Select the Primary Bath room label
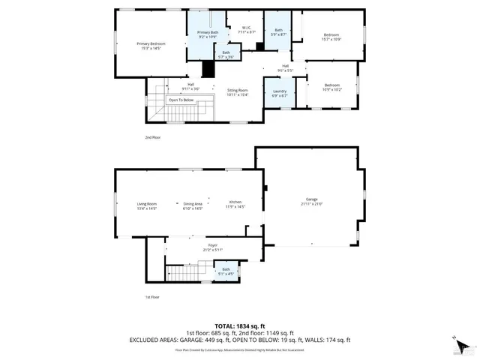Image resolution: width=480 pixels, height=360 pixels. tap(208, 34)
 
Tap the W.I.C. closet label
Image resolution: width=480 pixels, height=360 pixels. tap(247, 31)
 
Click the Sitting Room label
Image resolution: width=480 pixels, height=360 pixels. tap(238, 91)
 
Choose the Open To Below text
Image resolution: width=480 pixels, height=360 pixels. tap(181, 100)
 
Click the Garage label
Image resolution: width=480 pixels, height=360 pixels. tap(311, 202)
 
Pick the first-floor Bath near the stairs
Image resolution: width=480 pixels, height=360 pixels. tap(226, 271)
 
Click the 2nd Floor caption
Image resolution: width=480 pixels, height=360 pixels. tap(153, 138)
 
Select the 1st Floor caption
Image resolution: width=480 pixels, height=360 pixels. tap(153, 297)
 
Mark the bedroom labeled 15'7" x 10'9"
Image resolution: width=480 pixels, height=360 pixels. tap(331, 37)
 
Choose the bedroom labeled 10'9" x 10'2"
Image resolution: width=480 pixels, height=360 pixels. tap(331, 87)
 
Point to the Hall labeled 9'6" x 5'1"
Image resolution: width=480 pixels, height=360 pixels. tap(286, 68)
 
